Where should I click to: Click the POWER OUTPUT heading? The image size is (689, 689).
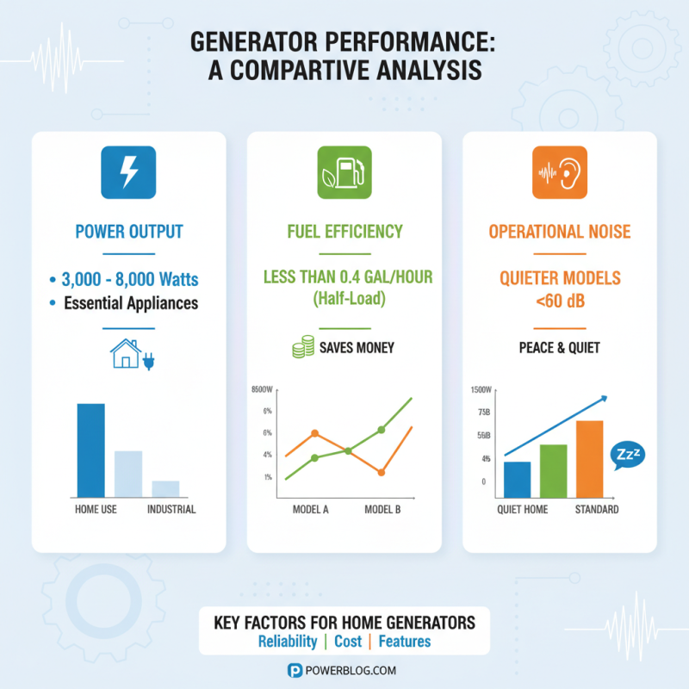(128, 232)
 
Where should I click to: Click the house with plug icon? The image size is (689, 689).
(128, 355)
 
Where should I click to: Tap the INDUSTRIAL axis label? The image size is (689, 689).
(171, 509)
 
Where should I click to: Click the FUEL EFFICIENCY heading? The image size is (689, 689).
(344, 232)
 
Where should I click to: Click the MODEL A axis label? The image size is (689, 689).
(311, 509)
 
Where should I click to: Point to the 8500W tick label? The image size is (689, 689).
(261, 389)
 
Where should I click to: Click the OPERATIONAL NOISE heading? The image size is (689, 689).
(560, 232)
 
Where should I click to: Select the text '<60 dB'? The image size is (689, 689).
(560, 301)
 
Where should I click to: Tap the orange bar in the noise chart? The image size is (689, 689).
(589, 457)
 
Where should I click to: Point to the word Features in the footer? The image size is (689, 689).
(404, 642)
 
